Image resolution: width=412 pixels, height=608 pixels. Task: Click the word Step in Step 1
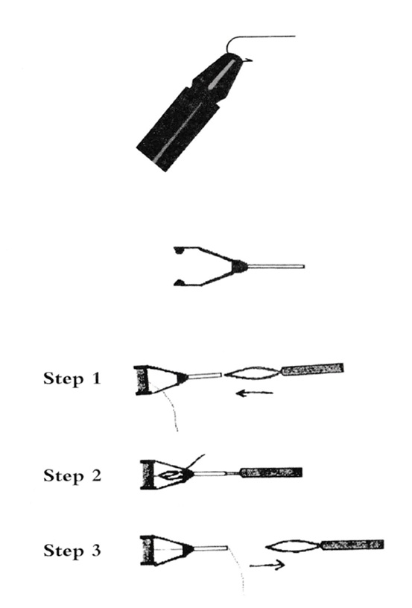(x=63, y=379)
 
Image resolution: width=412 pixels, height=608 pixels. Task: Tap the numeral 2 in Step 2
(x=96, y=475)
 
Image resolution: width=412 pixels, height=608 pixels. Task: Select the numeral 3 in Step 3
(x=96, y=550)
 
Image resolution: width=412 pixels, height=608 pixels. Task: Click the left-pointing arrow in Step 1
(x=255, y=393)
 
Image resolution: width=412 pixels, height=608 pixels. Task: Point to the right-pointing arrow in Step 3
(x=267, y=566)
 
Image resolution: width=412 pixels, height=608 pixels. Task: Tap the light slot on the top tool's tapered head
(x=222, y=75)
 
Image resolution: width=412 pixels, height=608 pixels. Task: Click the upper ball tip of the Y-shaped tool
(x=179, y=250)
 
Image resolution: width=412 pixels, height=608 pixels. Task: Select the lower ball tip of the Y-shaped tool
(x=179, y=282)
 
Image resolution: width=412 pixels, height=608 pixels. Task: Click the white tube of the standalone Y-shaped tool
(x=276, y=267)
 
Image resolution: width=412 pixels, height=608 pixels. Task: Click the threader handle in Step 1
(x=312, y=368)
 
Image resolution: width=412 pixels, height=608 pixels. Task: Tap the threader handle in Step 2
(x=271, y=472)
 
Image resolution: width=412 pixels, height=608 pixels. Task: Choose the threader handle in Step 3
(x=352, y=545)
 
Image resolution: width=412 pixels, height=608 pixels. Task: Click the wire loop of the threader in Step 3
(x=293, y=547)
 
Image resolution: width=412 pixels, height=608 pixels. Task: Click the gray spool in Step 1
(x=142, y=380)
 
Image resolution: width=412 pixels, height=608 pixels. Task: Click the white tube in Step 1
(x=204, y=376)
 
